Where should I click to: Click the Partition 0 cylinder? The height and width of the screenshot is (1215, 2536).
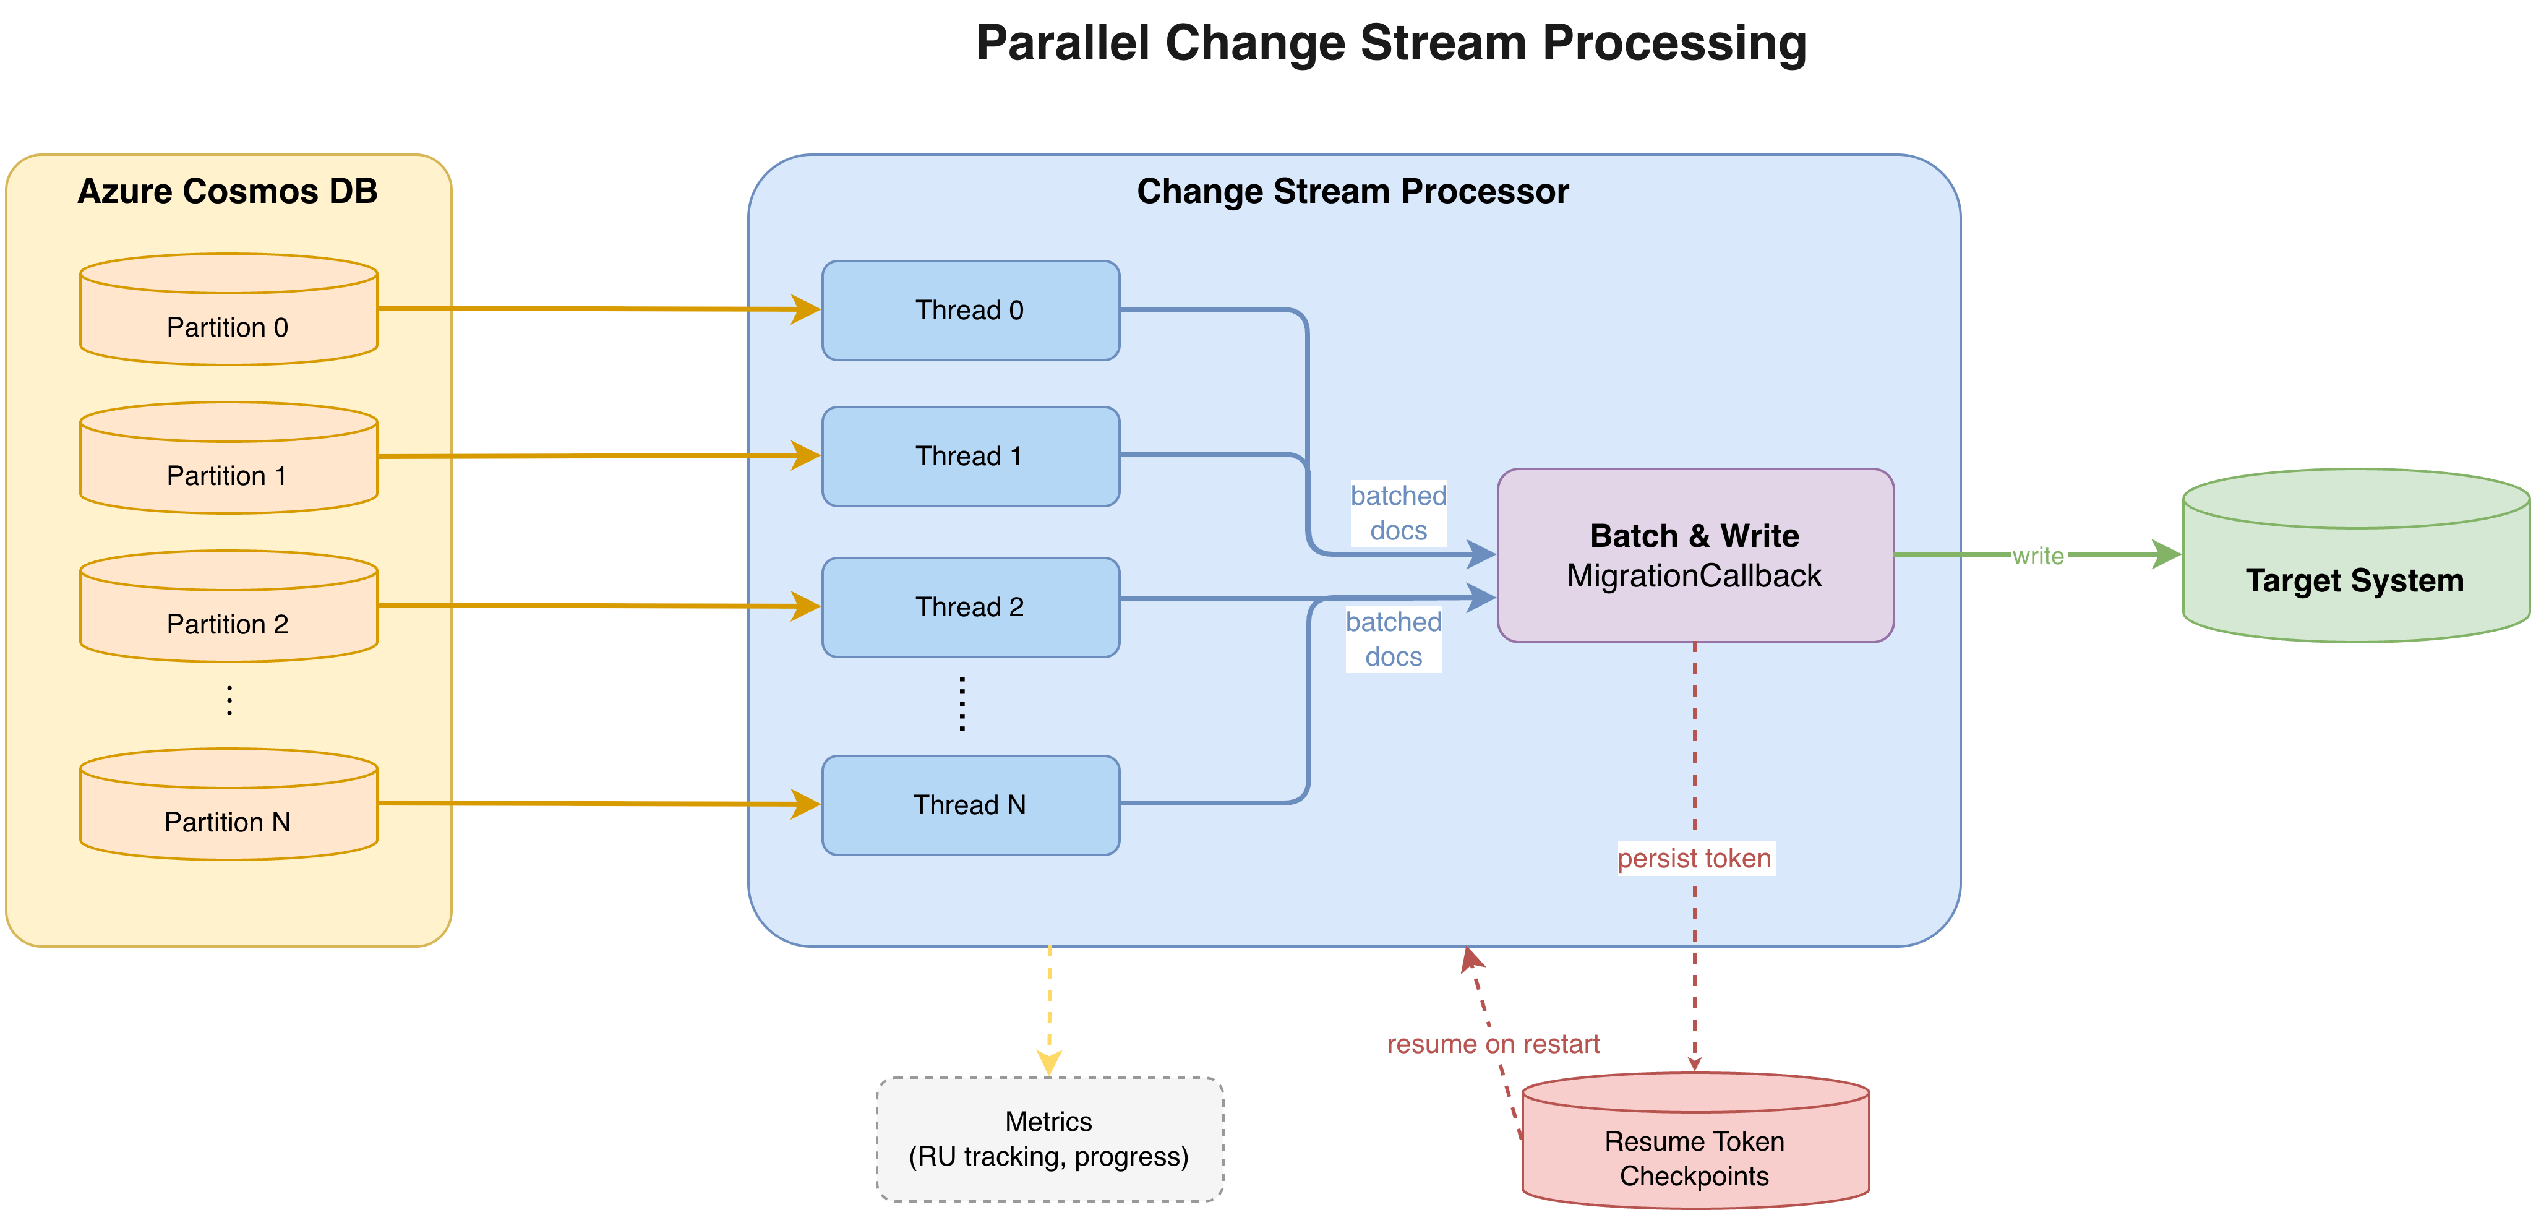228,309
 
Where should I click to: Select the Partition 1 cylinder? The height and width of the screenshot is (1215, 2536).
228,458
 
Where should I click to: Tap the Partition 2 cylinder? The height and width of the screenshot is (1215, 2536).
228,606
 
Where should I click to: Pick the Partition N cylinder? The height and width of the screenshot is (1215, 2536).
228,804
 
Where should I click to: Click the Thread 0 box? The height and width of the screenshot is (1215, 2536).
970,310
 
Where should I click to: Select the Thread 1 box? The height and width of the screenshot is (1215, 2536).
970,457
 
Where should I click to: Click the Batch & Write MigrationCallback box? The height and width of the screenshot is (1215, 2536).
1695,556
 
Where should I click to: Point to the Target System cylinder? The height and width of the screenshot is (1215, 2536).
2356,556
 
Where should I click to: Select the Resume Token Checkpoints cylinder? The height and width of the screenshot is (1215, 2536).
1695,1140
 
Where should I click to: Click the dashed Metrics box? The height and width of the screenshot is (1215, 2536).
1050,1139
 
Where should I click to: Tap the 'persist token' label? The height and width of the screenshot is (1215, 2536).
1694,859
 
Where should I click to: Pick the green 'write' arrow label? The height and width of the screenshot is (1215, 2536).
2038,556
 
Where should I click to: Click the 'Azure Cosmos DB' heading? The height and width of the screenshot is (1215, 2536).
228,191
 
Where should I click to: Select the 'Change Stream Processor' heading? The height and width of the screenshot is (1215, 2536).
1353,191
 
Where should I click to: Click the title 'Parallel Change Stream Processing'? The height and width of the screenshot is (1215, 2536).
1391,43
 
